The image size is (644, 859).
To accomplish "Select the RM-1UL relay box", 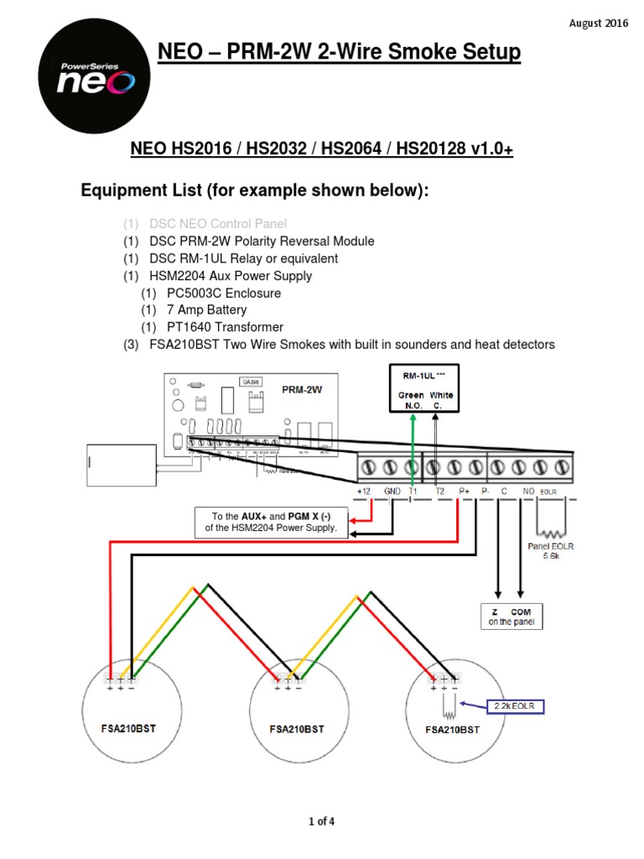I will tap(427, 388).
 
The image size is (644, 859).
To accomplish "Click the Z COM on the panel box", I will tap(511, 616).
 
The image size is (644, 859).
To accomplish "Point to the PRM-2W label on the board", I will tap(303, 390).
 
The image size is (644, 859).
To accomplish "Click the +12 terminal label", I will tap(364, 492).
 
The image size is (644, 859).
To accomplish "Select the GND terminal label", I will tap(392, 492).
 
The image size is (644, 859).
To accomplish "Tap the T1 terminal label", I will tap(413, 492).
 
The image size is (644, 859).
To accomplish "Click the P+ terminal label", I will tap(464, 492).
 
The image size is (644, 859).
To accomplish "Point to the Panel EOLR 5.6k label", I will tap(551, 550).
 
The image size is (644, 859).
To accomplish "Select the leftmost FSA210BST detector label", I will tap(132, 729).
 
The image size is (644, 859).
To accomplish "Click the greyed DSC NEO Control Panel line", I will tap(217, 223).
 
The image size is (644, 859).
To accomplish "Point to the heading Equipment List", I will tap(254, 190).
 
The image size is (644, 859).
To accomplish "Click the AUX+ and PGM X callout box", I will tap(267, 521).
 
